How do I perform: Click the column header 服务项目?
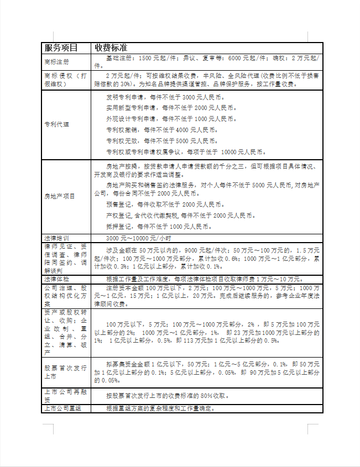61,48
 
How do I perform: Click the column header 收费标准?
111,48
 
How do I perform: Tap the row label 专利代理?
57,124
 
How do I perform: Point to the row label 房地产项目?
59,196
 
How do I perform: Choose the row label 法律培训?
57,237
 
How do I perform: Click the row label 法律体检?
57,279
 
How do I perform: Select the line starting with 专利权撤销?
162,130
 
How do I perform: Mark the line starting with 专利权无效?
162,141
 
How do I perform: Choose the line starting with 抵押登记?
158,227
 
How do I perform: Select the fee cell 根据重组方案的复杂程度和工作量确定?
160,408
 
